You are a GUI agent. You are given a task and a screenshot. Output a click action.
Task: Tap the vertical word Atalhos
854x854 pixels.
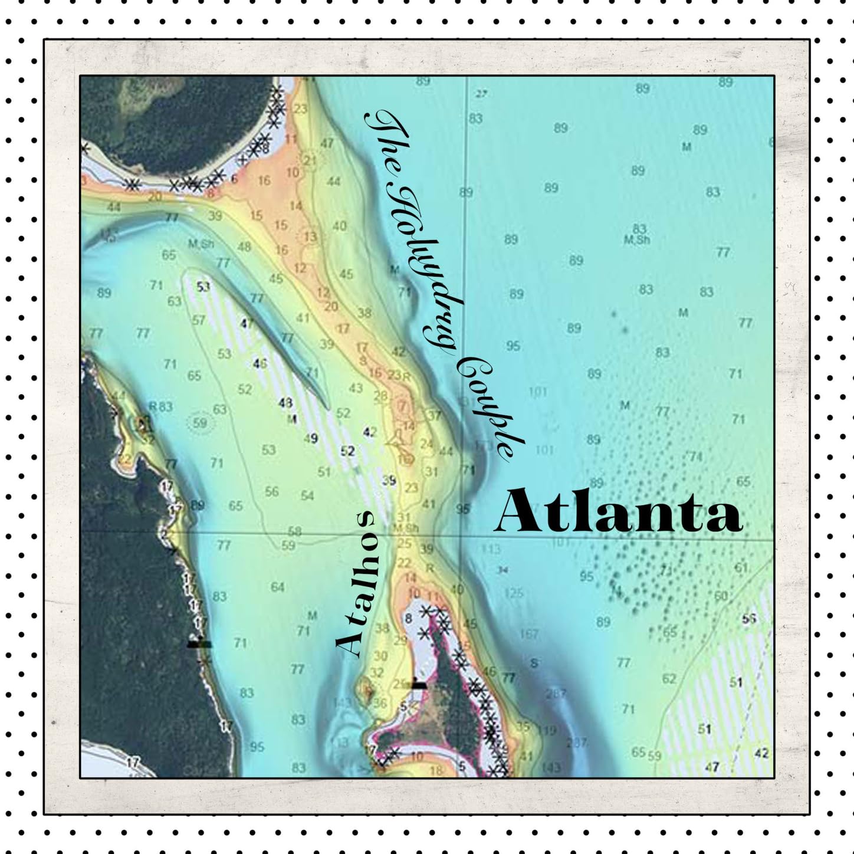(x=357, y=584)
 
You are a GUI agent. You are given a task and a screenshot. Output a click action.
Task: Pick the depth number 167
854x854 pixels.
(x=529, y=634)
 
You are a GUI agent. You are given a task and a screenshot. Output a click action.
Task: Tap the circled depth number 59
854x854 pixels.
(x=200, y=423)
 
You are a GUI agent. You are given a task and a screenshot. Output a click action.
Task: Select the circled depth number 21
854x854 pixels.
(x=310, y=160)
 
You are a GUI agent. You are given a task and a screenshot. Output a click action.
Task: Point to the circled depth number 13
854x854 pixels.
(x=310, y=237)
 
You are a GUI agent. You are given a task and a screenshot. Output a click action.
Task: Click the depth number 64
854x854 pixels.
(x=277, y=587)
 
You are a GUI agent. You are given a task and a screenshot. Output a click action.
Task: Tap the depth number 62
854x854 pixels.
(x=669, y=679)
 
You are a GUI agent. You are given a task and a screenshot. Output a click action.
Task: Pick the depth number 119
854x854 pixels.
(x=547, y=730)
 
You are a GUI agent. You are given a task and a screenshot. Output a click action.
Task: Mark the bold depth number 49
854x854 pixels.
(x=311, y=438)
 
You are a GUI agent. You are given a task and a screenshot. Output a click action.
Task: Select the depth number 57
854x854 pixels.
(x=199, y=320)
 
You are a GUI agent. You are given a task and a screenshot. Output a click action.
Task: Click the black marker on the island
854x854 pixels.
(x=419, y=685)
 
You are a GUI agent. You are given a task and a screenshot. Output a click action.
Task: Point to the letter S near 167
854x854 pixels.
(x=534, y=663)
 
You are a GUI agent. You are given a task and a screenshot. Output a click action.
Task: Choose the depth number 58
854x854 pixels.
(x=295, y=531)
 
